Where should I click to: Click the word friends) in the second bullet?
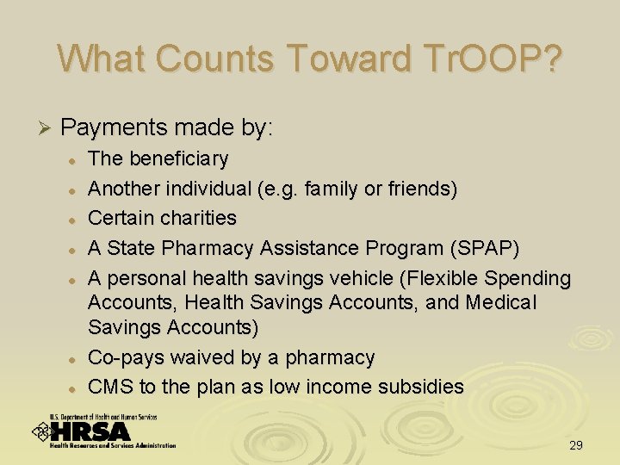click(425, 189)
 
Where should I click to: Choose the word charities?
click(195, 218)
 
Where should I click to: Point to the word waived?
click(196, 357)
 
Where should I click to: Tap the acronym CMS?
click(110, 387)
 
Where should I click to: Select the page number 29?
click(576, 445)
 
